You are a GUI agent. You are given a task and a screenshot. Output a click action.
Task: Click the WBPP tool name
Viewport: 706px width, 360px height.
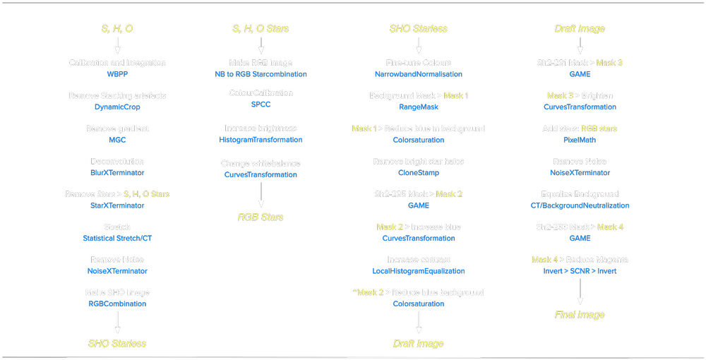pyautogui.click(x=117, y=74)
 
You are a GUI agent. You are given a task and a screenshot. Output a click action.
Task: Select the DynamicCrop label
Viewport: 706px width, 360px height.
pyautogui.click(x=117, y=107)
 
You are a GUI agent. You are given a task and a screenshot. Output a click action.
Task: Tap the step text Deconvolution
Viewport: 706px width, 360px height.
pyautogui.click(x=117, y=161)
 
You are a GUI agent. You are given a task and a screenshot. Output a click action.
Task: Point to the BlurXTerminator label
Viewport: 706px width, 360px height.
pyautogui.click(x=117, y=172)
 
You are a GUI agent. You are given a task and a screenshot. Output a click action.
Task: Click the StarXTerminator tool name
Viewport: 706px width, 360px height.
pyautogui.click(x=117, y=205)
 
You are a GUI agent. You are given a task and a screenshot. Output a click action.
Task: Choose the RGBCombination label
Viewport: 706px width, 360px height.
pyautogui.click(x=117, y=304)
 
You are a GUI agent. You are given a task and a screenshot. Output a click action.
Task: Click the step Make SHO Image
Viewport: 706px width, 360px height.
pyautogui.click(x=117, y=292)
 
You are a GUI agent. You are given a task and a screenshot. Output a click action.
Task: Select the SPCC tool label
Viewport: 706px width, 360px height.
pyautogui.click(x=261, y=104)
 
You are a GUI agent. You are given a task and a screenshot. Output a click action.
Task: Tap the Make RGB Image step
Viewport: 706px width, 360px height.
pyautogui.click(x=261, y=63)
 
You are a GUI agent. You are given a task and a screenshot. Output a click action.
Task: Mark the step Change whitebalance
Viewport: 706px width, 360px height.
pyautogui.click(x=261, y=163)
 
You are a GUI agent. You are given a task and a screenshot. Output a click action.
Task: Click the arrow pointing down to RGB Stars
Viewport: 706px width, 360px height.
pyautogui.click(x=261, y=194)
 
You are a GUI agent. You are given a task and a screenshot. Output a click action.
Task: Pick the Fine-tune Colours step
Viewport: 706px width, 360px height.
pyautogui.click(x=418, y=63)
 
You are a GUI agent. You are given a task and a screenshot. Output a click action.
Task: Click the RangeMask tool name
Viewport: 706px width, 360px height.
pyautogui.click(x=418, y=107)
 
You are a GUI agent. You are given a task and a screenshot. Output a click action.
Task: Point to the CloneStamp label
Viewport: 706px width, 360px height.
pyautogui.click(x=418, y=172)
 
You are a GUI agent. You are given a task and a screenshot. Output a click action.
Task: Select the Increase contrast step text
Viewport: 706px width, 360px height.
pyautogui.click(x=418, y=259)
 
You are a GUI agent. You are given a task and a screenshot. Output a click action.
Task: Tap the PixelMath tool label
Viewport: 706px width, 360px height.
pyautogui.click(x=579, y=140)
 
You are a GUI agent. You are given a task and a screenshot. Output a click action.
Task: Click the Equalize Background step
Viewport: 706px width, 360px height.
pyautogui.click(x=579, y=194)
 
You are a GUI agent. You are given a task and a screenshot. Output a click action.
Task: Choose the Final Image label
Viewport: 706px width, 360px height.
pyautogui.click(x=579, y=314)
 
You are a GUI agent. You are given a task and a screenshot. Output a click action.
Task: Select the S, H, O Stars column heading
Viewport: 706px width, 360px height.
pyautogui.click(x=261, y=29)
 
